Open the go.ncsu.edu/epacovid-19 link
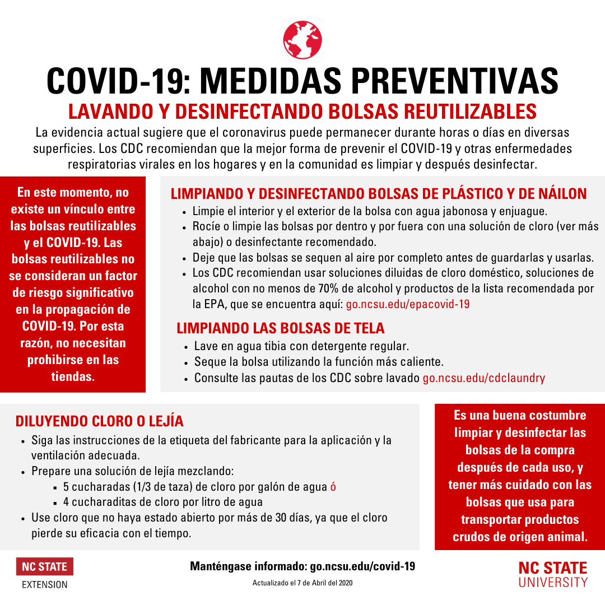click(x=408, y=304)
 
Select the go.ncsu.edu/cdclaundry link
click(x=483, y=378)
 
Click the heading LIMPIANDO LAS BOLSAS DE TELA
click(x=281, y=328)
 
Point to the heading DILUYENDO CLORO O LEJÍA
click(x=100, y=421)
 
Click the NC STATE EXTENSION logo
click(x=45, y=573)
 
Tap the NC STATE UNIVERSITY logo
click(x=553, y=574)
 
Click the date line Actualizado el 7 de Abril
click(x=302, y=583)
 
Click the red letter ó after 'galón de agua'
click(x=333, y=486)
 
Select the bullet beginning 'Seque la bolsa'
click(x=319, y=362)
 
